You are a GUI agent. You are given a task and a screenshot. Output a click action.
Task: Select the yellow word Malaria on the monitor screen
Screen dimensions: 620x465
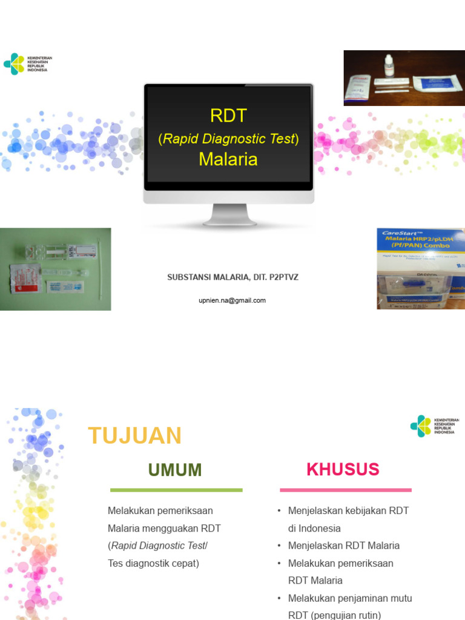228,159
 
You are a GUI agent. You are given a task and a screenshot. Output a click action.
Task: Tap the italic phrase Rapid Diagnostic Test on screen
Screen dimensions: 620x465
228,139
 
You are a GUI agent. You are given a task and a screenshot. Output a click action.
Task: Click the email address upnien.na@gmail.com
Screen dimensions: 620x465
232,300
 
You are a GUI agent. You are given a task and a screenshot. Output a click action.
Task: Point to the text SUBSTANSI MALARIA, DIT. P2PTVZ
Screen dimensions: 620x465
232,277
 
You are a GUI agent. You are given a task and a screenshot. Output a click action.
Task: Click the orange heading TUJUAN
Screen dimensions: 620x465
134,436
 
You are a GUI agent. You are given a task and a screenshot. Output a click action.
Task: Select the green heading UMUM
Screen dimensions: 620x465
176,470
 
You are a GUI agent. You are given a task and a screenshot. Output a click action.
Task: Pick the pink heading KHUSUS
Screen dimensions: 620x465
343,469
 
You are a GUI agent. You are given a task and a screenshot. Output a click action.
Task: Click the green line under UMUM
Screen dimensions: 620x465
176,490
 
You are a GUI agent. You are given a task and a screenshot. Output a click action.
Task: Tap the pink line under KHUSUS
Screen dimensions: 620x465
345,490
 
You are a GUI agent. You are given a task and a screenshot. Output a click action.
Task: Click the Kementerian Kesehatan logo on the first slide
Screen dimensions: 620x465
28,64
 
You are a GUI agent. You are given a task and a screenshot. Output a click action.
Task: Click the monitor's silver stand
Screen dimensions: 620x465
229,215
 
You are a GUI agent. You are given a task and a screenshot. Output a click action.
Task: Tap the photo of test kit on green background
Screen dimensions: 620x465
55,269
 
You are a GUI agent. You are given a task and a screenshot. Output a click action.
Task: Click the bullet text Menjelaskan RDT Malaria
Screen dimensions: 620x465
344,546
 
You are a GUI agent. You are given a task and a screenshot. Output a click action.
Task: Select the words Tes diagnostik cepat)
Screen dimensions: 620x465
153,563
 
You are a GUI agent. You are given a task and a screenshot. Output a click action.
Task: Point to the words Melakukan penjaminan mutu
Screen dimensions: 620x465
350,598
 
